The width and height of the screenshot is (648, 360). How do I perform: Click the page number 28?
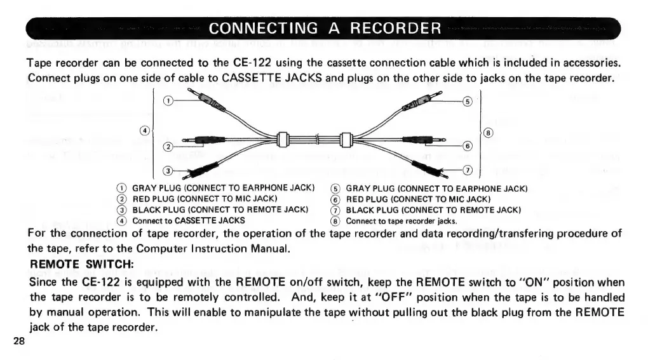click(x=18, y=342)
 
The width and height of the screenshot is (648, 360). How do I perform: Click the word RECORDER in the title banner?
click(x=396, y=29)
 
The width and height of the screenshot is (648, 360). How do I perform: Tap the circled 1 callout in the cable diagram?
click(x=168, y=101)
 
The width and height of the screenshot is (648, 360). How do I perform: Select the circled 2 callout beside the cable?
click(x=168, y=147)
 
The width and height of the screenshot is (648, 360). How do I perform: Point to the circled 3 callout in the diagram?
click(x=168, y=171)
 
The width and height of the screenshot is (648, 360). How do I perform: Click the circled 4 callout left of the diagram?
click(x=145, y=130)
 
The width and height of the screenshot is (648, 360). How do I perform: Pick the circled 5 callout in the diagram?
click(x=468, y=101)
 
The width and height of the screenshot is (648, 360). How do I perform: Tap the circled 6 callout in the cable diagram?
click(x=468, y=145)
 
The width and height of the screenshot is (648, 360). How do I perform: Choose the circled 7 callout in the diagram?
click(x=468, y=170)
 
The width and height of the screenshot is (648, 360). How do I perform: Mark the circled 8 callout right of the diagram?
click(x=488, y=133)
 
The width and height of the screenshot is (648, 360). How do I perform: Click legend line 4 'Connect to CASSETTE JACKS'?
click(x=189, y=221)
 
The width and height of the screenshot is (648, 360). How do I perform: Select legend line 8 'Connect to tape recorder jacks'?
click(x=402, y=221)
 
